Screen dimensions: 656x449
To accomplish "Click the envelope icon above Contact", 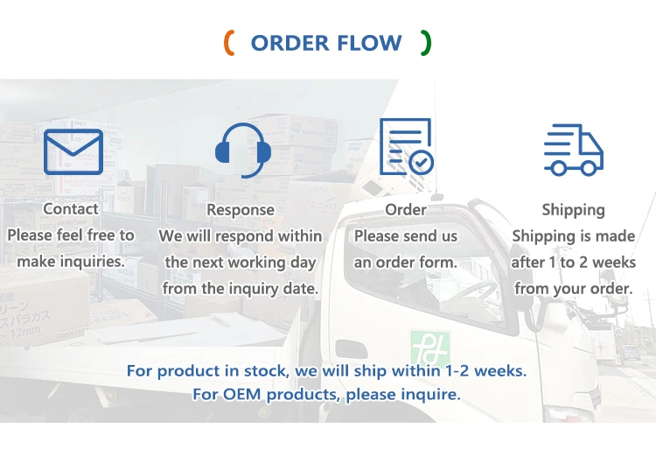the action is pos(73,151).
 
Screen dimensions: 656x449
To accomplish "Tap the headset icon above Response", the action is pos(242,150).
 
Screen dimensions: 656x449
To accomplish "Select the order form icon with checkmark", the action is pos(406,147).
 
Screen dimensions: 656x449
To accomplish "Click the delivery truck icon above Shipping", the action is pos(573,150).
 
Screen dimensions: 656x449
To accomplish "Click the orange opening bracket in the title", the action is pos(229,42).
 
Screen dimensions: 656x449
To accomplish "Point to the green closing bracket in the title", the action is pos(426,42).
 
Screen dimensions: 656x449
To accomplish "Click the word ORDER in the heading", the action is pos(288,43).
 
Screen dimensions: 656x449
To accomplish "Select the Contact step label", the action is pos(71,208).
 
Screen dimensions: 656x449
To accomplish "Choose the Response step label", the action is pos(241,210).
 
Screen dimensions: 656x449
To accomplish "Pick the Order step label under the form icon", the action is pos(406,209).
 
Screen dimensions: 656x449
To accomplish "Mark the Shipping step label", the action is pos(573,209).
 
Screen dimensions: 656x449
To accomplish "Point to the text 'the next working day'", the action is pos(241,262).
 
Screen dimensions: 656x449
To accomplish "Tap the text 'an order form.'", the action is pos(406,262).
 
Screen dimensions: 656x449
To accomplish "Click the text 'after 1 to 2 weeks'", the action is pos(573,262).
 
